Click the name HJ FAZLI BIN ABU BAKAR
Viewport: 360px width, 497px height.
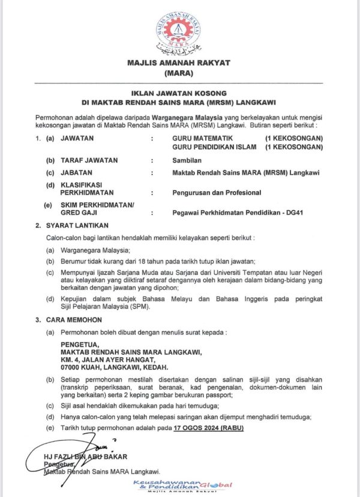point(81,457)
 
